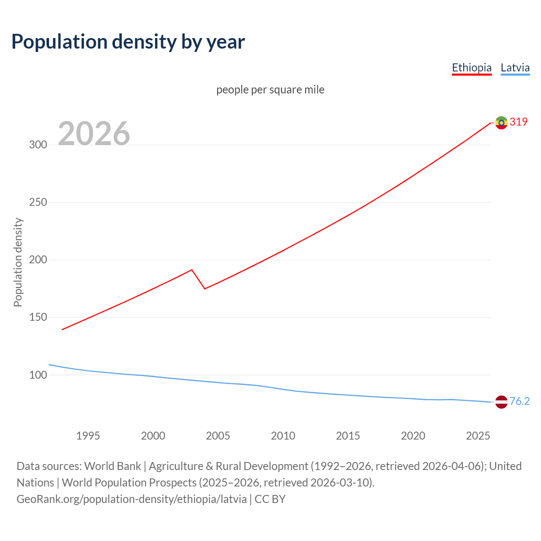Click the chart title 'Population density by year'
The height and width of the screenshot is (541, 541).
click(x=128, y=42)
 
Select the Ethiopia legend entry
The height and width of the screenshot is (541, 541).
click(x=472, y=68)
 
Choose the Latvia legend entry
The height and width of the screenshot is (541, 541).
click(x=515, y=68)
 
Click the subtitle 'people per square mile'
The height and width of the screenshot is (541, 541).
click(x=270, y=90)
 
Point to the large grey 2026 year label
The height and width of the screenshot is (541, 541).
click(x=94, y=134)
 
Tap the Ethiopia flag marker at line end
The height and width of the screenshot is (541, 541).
click(x=501, y=123)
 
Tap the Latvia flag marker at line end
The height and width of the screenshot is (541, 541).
click(x=501, y=402)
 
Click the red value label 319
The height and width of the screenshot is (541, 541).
click(x=519, y=122)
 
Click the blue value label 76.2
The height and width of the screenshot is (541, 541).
click(x=519, y=401)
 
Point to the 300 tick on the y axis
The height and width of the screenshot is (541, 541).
click(x=38, y=145)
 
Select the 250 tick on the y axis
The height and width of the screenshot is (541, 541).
click(x=38, y=202)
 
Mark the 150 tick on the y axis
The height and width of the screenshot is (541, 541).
click(x=38, y=317)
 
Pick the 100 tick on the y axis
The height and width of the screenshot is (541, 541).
click(x=38, y=375)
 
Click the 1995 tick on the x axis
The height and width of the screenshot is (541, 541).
click(x=88, y=436)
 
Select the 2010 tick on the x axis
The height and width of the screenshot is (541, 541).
click(x=283, y=436)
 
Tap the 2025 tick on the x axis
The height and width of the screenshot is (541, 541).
click(x=478, y=436)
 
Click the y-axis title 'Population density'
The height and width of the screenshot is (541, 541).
click(x=18, y=262)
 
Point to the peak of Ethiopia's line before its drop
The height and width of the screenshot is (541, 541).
click(x=192, y=270)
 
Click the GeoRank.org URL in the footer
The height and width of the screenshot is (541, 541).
click(x=131, y=499)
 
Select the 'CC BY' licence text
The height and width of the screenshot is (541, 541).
click(x=270, y=499)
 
